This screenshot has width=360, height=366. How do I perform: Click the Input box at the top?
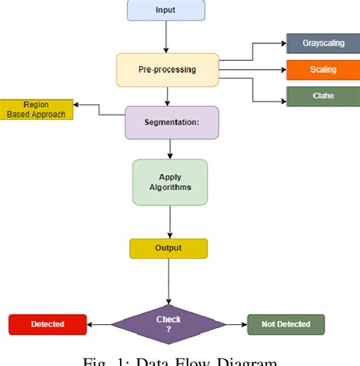click(x=165, y=10)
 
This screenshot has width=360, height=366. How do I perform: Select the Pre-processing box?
click(x=167, y=70)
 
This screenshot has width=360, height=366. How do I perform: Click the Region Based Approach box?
click(x=36, y=109)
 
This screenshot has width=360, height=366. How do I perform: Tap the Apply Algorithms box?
click(x=170, y=182)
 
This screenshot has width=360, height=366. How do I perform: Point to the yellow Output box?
click(x=168, y=248)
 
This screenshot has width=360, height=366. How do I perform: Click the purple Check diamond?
click(x=168, y=324)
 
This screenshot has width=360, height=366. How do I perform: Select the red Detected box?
click(x=47, y=324)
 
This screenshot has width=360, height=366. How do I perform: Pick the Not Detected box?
click(x=286, y=324)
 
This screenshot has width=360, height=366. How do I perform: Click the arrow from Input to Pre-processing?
click(x=165, y=36)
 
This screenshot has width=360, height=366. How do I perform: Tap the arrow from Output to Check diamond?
click(x=168, y=281)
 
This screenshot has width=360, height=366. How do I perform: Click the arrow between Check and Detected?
click(x=99, y=324)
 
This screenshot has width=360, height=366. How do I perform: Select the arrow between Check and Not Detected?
click(x=236, y=324)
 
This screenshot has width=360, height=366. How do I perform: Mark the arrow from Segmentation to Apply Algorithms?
click(x=170, y=149)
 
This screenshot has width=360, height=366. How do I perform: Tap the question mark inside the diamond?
click(x=168, y=330)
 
